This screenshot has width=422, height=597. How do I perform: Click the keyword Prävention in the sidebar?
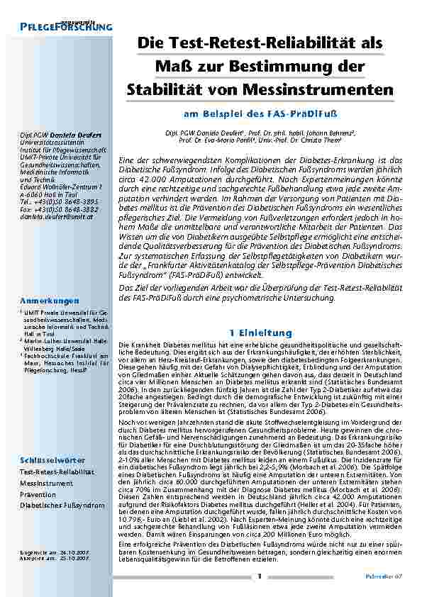point(38,493)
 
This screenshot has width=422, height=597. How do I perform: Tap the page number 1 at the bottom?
point(260,576)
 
